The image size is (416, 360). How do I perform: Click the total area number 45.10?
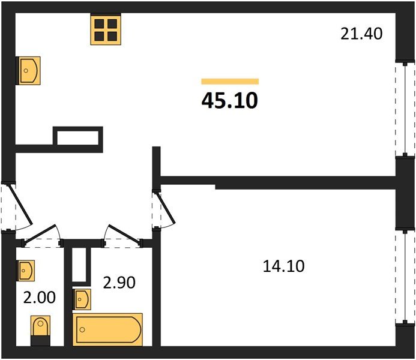pyautogui.click(x=230, y=100)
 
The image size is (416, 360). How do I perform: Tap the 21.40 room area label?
pyautogui.click(x=361, y=34)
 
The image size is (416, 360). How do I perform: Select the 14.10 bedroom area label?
pyautogui.click(x=283, y=266)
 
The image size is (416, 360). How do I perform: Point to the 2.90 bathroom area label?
pyautogui.click(x=119, y=283)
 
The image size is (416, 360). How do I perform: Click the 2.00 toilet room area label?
pyautogui.click(x=40, y=297)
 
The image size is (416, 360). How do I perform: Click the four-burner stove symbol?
pyautogui.click(x=106, y=29)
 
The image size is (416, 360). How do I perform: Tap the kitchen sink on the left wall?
pyautogui.click(x=28, y=71)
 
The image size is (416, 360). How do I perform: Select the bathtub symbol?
pyautogui.click(x=107, y=329)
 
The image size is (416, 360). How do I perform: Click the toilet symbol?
pyautogui.click(x=40, y=331)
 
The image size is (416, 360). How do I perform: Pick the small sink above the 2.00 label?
pyautogui.click(x=26, y=271)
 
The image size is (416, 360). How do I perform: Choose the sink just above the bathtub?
pyautogui.click(x=82, y=299)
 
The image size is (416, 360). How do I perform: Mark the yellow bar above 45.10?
pyautogui.click(x=230, y=82)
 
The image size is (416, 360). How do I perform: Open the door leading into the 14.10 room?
pyautogui.click(x=163, y=209)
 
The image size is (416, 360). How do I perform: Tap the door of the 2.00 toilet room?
pyautogui.click(x=42, y=236)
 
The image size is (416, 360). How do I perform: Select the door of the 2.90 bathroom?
pyautogui.click(x=122, y=236)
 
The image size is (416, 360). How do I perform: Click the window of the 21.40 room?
pyautogui.click(x=405, y=109)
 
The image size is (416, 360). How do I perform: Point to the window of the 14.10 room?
pyautogui.click(x=405, y=277)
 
